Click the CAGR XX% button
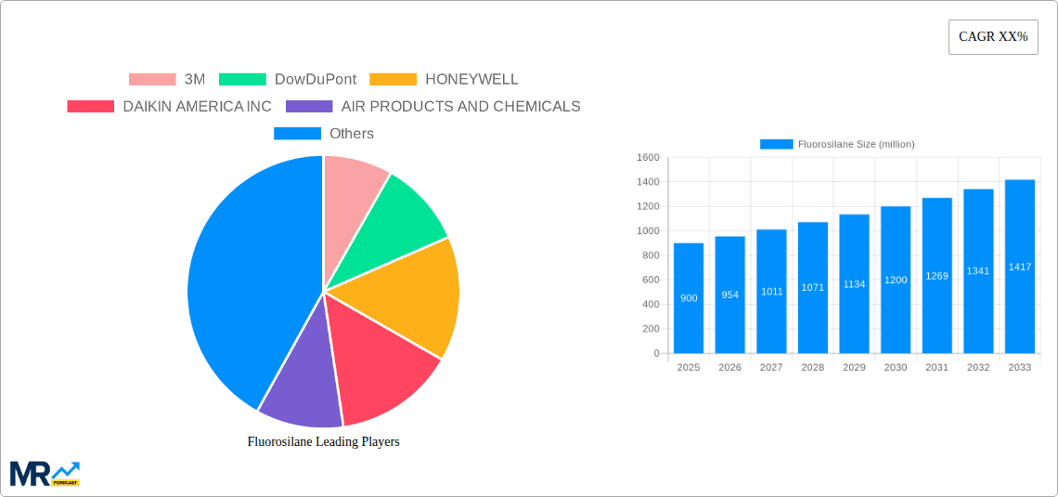pyautogui.click(x=993, y=37)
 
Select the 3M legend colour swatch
pyautogui.click(x=152, y=80)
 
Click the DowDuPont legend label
pyautogui.click(x=316, y=80)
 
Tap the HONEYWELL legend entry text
pyautogui.click(x=471, y=80)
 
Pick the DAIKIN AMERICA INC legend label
pyautogui.click(x=197, y=107)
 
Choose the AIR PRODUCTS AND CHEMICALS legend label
pyautogui.click(x=460, y=107)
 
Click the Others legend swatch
pyautogui.click(x=297, y=134)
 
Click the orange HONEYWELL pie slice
pyautogui.click(x=418, y=293)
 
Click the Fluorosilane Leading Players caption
pyautogui.click(x=323, y=441)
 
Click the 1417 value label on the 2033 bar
pyautogui.click(x=1020, y=268)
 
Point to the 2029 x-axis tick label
pyautogui.click(x=854, y=368)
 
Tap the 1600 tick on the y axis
pyautogui.click(x=648, y=158)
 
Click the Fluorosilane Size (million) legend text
pyautogui.click(x=856, y=144)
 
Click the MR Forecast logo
pyautogui.click(x=45, y=473)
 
